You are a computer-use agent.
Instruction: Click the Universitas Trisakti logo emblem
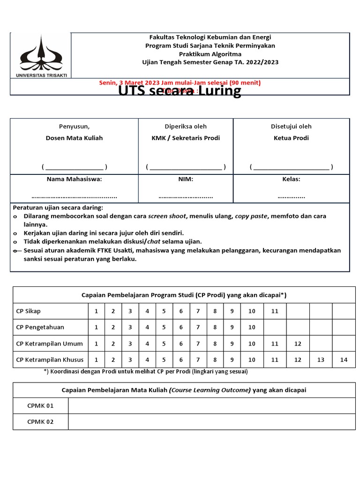pos(40,53)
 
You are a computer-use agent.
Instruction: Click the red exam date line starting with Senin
pos(180,82)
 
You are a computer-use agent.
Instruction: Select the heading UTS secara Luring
pos(180,90)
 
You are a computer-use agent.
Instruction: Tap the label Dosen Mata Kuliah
pos(74,138)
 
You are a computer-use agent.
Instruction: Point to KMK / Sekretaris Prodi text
pos(185,138)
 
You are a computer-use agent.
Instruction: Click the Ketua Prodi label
pos(291,138)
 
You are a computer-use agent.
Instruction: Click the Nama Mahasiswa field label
pos(74,179)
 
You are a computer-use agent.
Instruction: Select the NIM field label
pos(185,179)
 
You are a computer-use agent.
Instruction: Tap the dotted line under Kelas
pos(291,196)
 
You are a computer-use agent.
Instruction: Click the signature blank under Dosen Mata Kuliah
pos(74,166)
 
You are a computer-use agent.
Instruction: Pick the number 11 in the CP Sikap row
pos(275,311)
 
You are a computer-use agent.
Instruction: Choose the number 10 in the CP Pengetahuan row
pos(252,327)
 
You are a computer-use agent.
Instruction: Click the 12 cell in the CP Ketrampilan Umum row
pos(298,344)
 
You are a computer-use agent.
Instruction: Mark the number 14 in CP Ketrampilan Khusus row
pos(344,360)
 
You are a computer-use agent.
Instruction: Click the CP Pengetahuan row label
pos(40,327)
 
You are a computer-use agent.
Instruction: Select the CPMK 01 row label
pos(40,405)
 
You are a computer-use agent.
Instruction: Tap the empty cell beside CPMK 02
pos(211,421)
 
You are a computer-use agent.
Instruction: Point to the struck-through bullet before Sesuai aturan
pos(15,251)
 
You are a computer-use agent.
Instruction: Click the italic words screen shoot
pos(167,216)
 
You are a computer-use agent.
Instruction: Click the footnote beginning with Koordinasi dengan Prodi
pos(145,371)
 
